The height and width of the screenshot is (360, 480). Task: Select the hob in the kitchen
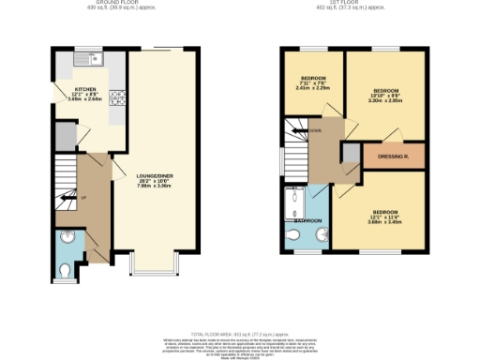click(x=116, y=96)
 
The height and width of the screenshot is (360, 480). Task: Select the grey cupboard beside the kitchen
click(x=65, y=137)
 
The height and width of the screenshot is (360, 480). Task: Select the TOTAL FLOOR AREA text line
click(x=239, y=335)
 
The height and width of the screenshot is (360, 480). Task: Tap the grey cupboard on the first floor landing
click(x=350, y=153)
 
